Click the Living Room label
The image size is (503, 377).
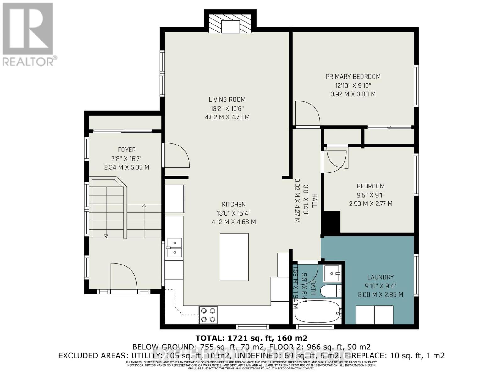click(x=227, y=100)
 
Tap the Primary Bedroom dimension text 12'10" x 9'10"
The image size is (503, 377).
click(x=353, y=85)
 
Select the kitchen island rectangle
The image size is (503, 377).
click(x=234, y=257)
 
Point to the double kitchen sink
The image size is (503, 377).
click(x=174, y=248)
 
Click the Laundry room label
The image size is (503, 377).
click(x=380, y=277)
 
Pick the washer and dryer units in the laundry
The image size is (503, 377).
click(x=374, y=314)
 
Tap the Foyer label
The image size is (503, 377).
click(x=127, y=150)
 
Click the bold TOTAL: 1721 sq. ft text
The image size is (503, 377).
click(x=251, y=338)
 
